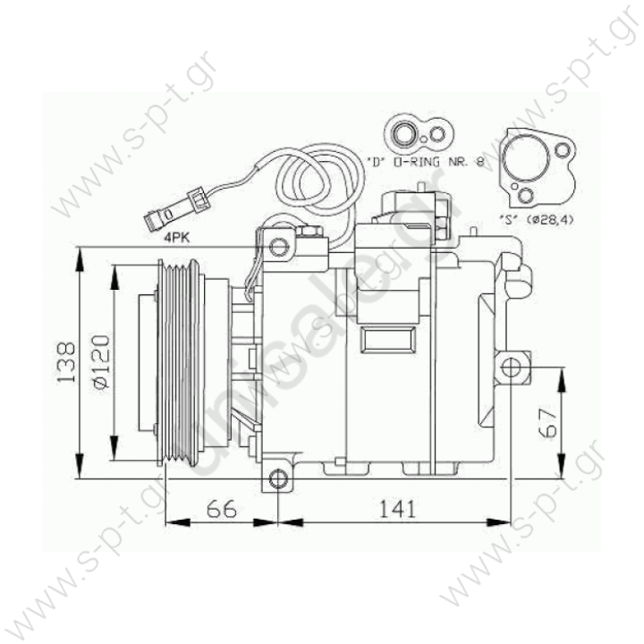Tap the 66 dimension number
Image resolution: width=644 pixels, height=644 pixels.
tap(221, 509)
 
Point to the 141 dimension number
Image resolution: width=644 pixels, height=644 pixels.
tap(394, 509)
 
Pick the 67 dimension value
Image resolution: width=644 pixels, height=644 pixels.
tap(551, 421)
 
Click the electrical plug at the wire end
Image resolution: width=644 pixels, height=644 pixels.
tap(158, 216)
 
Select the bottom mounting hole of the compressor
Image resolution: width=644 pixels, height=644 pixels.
tap(279, 480)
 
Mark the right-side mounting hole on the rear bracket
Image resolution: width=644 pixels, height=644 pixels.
tap(511, 367)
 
